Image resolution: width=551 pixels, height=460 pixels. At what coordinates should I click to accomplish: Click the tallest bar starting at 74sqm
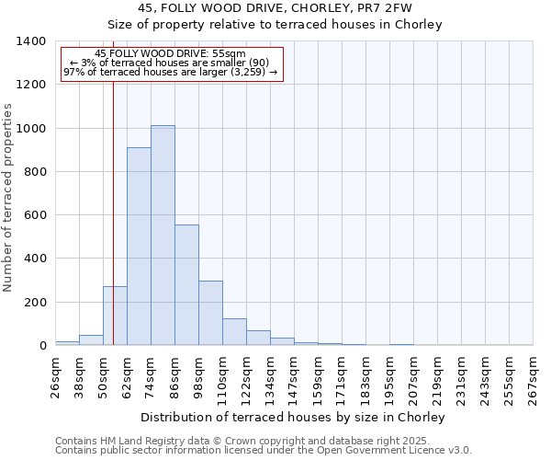163,236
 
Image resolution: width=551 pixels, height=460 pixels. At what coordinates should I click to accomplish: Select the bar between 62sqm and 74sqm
139,247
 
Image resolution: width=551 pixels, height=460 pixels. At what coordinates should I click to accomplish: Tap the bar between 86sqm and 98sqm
186,285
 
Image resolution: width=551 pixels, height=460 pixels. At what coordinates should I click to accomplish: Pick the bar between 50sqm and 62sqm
115,316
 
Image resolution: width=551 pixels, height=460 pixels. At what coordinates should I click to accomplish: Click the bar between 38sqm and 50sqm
91,340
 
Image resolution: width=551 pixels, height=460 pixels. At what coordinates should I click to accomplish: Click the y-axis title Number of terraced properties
8,198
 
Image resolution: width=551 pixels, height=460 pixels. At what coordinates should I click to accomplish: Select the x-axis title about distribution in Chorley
294,417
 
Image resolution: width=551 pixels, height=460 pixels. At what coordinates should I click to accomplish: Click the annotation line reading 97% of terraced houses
170,72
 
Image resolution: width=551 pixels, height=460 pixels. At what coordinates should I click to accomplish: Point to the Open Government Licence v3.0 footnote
264,451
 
